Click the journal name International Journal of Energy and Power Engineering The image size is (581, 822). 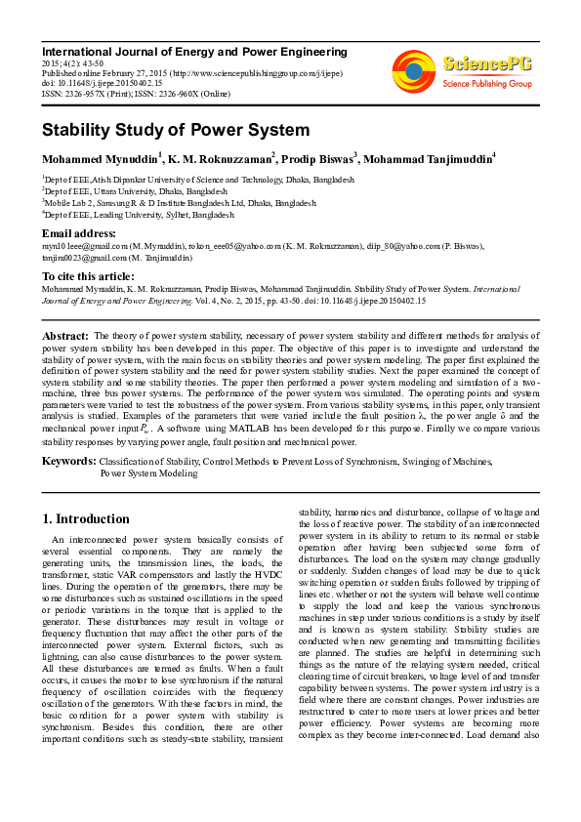pyautogui.click(x=193, y=51)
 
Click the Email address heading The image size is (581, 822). pyautogui.click(x=78, y=234)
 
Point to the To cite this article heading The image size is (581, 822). pyautogui.click(x=88, y=276)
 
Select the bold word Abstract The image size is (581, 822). pyautogui.click(x=66, y=335)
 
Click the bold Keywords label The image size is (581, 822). pyautogui.click(x=68, y=460)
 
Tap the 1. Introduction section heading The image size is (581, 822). pyautogui.click(x=86, y=518)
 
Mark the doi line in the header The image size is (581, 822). pyautogui.click(x=103, y=83)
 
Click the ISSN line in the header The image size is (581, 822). pyautogui.click(x=136, y=94)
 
